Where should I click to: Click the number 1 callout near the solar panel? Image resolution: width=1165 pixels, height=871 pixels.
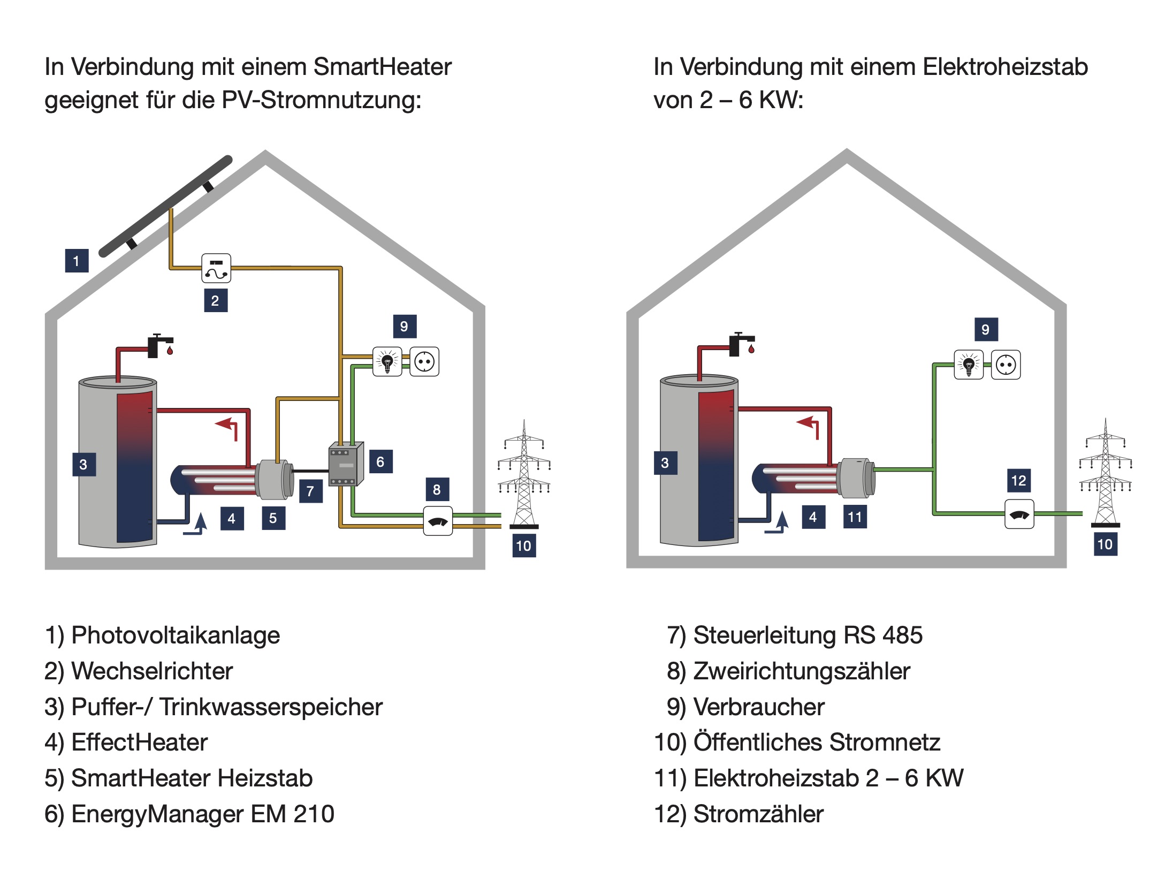pos(77,261)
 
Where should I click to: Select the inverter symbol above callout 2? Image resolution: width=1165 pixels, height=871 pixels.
pos(216,268)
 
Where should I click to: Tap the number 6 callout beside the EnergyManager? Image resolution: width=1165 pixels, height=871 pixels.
pos(380,461)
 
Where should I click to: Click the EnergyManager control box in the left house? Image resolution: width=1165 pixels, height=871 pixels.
pos(346,464)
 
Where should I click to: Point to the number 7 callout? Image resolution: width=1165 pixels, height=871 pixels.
pos(310,491)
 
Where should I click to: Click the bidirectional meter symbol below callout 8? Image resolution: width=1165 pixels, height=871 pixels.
pos(438,521)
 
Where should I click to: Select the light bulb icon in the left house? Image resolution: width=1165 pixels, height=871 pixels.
pos(387,362)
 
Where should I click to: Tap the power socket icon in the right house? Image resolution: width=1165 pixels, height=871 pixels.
pos(1006,365)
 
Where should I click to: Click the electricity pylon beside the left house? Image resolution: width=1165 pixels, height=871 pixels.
pos(524,474)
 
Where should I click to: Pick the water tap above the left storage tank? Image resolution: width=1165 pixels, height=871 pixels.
pos(159,346)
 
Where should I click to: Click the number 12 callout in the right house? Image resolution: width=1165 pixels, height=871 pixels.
pos(1018,480)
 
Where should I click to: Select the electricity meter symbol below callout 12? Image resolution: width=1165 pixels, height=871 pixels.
pos(1019,514)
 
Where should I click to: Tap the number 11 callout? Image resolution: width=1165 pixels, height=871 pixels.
pos(855,517)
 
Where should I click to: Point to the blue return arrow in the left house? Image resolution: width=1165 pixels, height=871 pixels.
pos(196,524)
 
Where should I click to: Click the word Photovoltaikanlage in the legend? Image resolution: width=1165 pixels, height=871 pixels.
pos(176,635)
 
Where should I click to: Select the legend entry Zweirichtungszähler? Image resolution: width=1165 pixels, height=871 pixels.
pos(801,671)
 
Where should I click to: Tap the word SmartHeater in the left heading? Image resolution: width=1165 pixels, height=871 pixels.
pos(382,67)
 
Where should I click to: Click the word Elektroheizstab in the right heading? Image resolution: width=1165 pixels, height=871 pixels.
pos(1004,67)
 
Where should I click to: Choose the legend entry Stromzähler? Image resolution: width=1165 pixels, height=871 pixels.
pos(758,814)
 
